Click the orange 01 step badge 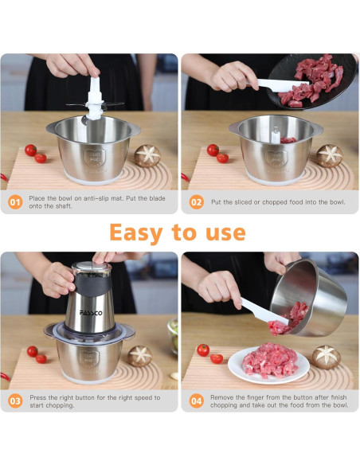(x=15, y=202)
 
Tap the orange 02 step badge (x=196, y=202)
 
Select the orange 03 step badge (x=15, y=401)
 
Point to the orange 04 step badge (x=196, y=401)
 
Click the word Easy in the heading (x=136, y=233)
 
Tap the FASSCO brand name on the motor (x=91, y=313)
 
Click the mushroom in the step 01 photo (x=147, y=156)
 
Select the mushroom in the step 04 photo (x=326, y=357)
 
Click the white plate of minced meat (x=268, y=365)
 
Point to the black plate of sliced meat (x=312, y=80)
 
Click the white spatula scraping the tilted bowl (x=264, y=311)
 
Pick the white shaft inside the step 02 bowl (x=276, y=135)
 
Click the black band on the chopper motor (x=92, y=285)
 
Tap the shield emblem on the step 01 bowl (x=95, y=158)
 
